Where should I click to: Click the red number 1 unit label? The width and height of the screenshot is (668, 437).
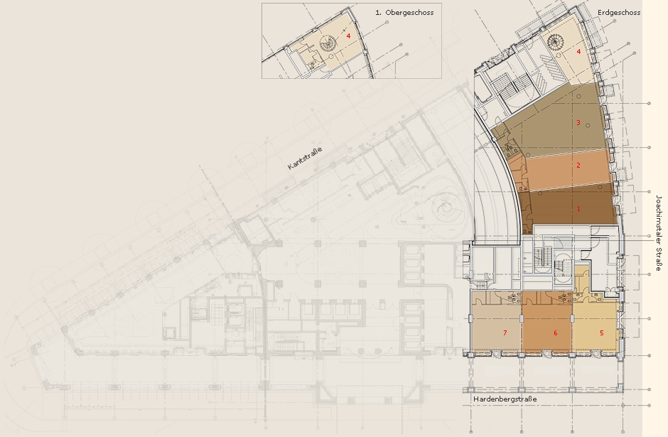tap(578, 209)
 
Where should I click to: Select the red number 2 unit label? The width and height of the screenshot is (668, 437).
tap(578, 166)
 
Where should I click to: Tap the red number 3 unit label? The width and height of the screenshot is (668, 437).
tap(578, 123)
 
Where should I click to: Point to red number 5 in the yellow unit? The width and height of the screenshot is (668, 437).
tap(601, 333)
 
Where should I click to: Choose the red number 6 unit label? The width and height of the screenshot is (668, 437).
tap(555, 333)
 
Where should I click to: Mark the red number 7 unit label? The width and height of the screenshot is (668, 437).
tap(505, 333)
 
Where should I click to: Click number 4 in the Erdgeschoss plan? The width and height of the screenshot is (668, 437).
tap(578, 52)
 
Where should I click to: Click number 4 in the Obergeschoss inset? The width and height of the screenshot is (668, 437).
tap(348, 36)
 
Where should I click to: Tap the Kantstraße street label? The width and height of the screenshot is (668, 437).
tap(305, 158)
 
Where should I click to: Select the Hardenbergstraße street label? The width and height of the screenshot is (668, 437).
tap(505, 399)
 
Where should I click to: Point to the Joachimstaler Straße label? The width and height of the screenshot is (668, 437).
tap(659, 233)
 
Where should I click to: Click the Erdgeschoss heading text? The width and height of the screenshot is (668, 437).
tap(619, 12)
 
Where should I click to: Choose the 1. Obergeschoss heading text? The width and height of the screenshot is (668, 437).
tap(404, 12)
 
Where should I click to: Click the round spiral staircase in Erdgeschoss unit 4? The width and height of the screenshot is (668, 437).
tap(555, 41)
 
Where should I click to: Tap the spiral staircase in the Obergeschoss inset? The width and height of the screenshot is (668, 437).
tap(329, 43)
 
